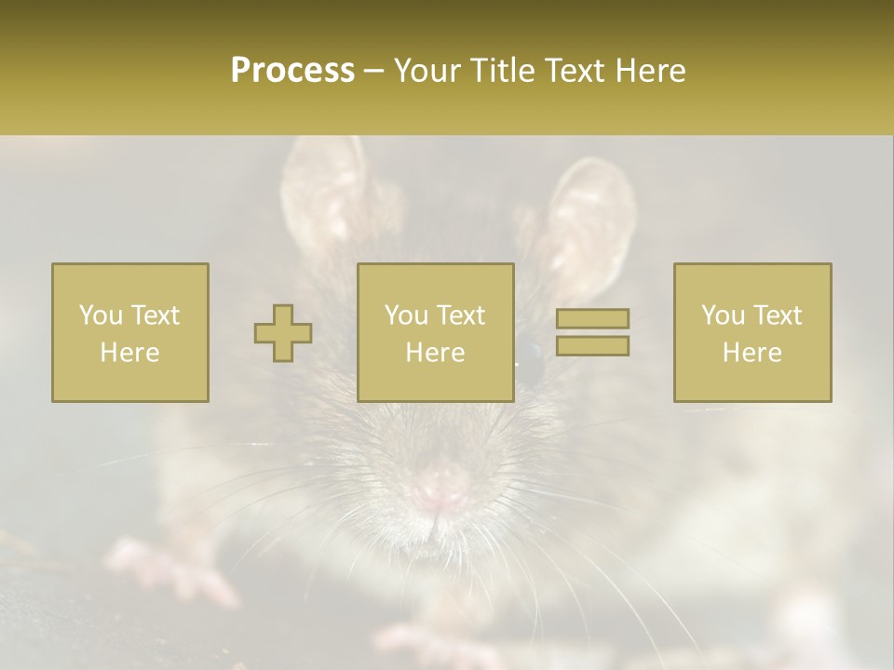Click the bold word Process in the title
[292, 71]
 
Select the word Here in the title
[649, 71]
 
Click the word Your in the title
[425, 71]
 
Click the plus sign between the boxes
[283, 333]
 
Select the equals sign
[592, 332]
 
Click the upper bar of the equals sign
[592, 319]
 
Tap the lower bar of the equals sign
[592, 345]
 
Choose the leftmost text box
[129, 332]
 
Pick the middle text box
[435, 332]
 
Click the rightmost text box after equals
[752, 332]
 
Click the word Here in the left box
[129, 352]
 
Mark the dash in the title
[374, 71]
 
